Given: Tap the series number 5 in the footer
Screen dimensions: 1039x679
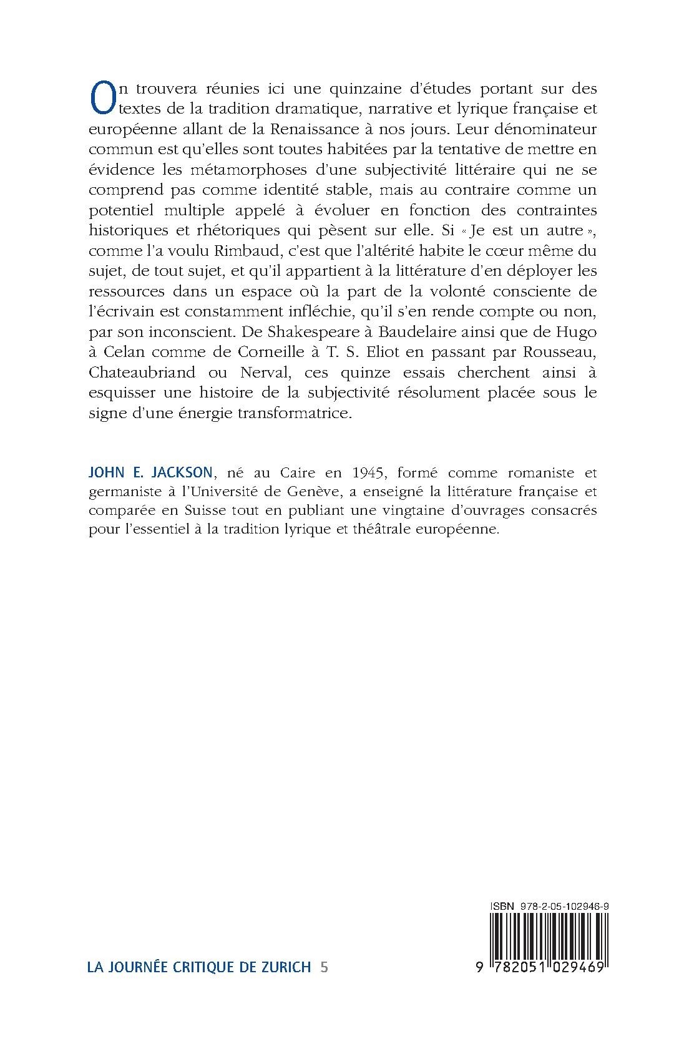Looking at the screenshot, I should (323, 968).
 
